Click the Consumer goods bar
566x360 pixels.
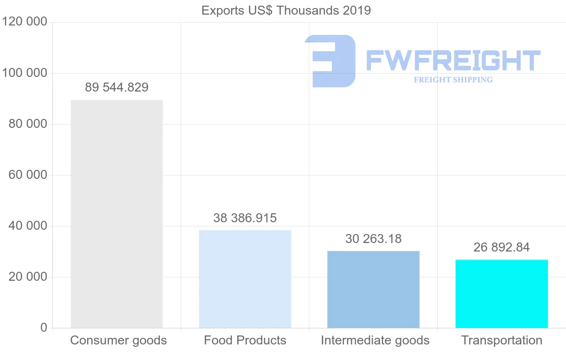coord(117,214)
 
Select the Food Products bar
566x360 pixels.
coord(245,279)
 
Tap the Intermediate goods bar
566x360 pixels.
coord(373,289)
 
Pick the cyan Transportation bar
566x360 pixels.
coord(501,293)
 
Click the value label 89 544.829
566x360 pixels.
coord(117,87)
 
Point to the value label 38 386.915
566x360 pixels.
coord(245,218)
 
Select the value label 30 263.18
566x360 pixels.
coord(373,239)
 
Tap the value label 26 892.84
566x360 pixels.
coord(501,247)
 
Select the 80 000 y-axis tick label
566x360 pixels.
coord(28,124)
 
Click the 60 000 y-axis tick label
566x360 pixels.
coord(28,175)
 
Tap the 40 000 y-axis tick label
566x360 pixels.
coord(28,226)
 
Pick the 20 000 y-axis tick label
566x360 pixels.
coord(28,277)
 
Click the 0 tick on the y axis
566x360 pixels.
coord(44,328)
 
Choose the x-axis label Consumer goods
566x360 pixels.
coord(118,340)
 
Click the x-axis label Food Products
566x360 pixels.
coord(245,340)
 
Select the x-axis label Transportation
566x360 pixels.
coord(501,340)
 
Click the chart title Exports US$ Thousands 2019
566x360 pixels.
coord(286,10)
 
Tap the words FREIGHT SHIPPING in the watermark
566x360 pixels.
coord(453,80)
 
